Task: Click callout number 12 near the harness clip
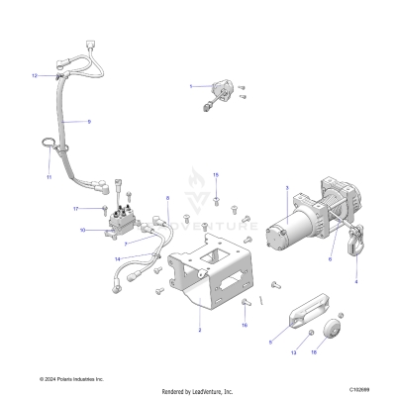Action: [x=34, y=75]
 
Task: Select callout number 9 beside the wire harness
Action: [x=88, y=121]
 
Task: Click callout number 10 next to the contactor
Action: [x=83, y=230]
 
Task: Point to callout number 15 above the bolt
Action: [x=216, y=174]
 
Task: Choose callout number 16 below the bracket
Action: [x=217, y=325]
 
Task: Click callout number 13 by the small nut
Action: [x=292, y=352]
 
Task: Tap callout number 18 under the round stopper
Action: [x=314, y=351]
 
